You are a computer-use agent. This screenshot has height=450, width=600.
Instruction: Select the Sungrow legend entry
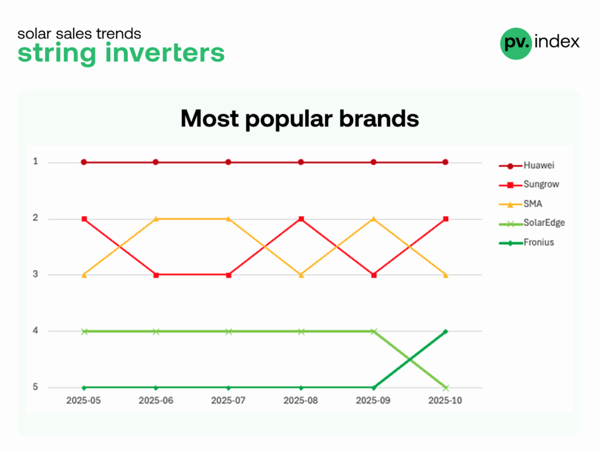[x=529, y=185]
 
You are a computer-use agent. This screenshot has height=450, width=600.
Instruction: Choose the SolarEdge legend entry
[x=532, y=223]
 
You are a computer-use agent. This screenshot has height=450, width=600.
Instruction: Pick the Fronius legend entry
[x=527, y=243]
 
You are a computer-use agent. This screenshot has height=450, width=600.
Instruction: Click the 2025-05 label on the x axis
[x=83, y=401]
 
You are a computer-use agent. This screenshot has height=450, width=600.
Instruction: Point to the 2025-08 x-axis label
[x=301, y=401]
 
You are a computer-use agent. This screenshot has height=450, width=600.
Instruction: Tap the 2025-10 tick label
[x=445, y=401]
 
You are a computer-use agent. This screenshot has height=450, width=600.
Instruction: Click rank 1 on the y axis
[x=36, y=162]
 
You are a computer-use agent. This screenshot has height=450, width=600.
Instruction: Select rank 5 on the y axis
[x=35, y=387]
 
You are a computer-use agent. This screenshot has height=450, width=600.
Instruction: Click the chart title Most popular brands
[x=299, y=118]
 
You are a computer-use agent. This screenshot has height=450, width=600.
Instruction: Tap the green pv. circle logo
[x=516, y=43]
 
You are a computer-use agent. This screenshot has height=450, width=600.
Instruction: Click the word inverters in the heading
[x=165, y=52]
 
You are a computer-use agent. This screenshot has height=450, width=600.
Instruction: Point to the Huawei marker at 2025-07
[x=229, y=162]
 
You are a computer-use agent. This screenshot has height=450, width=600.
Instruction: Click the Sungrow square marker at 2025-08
[x=301, y=219]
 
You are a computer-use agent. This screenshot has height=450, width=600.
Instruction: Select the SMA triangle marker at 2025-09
[x=374, y=219]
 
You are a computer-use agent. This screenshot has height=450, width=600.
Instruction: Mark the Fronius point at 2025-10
[x=445, y=332]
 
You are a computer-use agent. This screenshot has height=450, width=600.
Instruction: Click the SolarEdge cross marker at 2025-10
[x=446, y=388]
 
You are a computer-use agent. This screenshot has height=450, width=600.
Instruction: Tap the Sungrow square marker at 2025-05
[x=84, y=219]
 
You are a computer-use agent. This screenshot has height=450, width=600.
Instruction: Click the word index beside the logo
[x=557, y=42]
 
